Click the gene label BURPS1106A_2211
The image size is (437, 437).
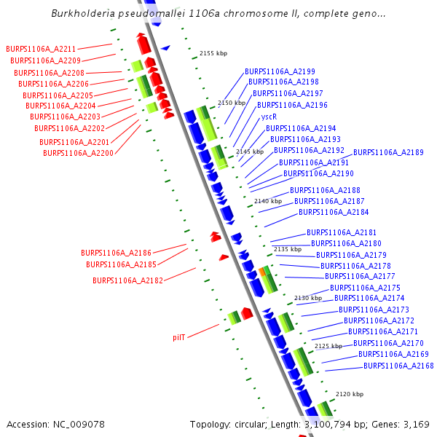pyautogui.click(x=41, y=49)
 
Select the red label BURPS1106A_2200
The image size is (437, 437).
pyautogui.click(x=78, y=153)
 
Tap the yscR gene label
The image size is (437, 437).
pyautogui.click(x=269, y=117)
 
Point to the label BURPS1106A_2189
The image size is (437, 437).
pyautogui.click(x=388, y=152)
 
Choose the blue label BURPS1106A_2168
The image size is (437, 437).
pyautogui.click(x=398, y=366)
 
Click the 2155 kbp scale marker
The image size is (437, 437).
pyautogui.click(x=213, y=53)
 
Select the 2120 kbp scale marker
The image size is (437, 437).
pyautogui.click(x=350, y=394)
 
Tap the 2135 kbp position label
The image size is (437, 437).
pyautogui.click(x=287, y=249)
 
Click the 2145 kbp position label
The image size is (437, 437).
pyautogui.click(x=249, y=151)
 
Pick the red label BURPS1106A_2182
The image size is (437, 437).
pyautogui.click(x=127, y=280)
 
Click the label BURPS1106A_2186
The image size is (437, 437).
pyautogui.click(x=116, y=253)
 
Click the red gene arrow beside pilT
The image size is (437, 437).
pyautogui.click(x=247, y=313)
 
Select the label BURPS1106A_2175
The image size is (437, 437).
pyautogui.click(x=365, y=288)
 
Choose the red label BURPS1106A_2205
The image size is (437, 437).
pyautogui.click(x=58, y=95)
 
